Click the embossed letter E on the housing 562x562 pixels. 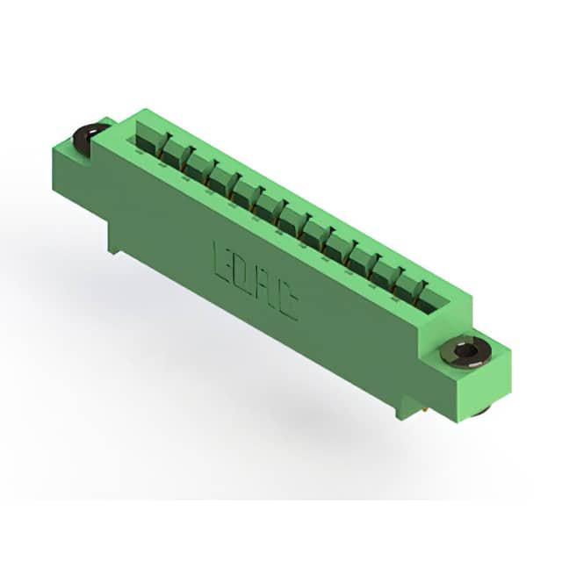tap(223, 262)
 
